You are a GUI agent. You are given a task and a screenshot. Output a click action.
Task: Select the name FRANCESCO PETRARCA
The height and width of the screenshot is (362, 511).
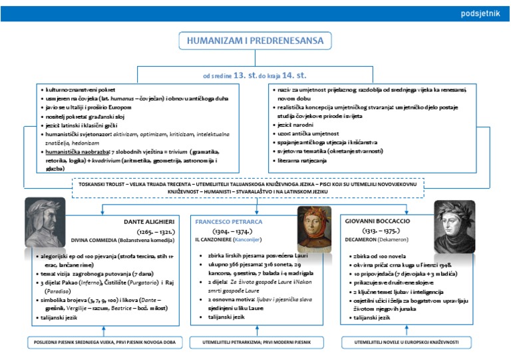(x=229, y=221)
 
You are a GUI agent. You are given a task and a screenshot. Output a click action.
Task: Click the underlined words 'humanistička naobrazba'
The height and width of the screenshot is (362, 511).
(x=74, y=151)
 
